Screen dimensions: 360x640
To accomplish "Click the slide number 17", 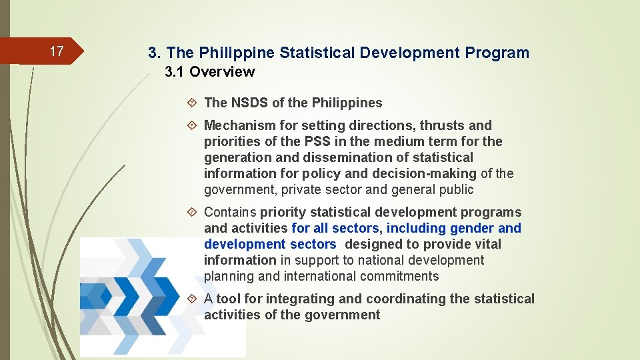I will coord(57,51).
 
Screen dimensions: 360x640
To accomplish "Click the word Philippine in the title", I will coord(233,53).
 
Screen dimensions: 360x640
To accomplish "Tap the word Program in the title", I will coord(497,53).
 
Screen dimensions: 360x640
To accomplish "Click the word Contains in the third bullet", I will coord(230,212).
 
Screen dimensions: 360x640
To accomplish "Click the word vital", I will coord(487,244).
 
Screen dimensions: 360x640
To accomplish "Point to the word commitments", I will coord(401,276).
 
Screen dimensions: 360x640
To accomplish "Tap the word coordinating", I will coord(407,299).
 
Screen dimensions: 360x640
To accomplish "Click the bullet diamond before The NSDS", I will coord(192,103).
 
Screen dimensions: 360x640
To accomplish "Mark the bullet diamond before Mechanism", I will coord(192,125).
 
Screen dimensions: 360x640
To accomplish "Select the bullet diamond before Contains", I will coord(192,212).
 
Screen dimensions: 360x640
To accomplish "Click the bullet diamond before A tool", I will coord(192,299).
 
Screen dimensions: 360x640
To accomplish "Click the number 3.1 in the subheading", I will coord(176,71).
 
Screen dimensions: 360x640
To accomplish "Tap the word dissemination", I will coord(341,157).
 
